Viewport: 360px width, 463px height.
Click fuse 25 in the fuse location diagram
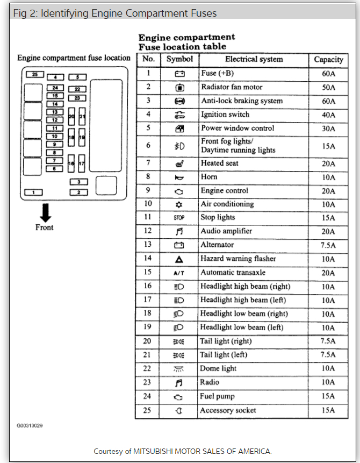coord(35,75)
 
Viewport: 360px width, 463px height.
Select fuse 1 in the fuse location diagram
coord(34,192)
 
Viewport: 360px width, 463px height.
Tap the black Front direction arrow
coord(45,212)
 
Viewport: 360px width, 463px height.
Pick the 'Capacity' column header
coord(328,60)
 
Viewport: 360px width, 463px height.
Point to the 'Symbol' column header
coord(179,59)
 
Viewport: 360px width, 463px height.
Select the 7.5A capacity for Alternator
coord(328,245)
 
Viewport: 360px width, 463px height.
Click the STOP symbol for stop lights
coord(179,218)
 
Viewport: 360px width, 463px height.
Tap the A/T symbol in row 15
coord(179,273)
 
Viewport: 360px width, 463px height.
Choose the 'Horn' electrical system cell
coord(209,177)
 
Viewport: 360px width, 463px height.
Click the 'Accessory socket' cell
coord(228,410)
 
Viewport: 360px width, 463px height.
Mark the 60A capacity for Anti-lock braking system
coord(328,101)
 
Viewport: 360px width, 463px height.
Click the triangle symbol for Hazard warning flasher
coord(179,259)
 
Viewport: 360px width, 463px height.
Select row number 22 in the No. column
coord(148,368)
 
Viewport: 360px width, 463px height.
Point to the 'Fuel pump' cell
coord(217,396)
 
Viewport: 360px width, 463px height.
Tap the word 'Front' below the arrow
coord(45,227)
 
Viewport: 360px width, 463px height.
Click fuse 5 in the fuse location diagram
coord(77,77)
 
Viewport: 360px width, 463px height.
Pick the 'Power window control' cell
coord(237,128)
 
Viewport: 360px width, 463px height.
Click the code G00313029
coord(30,426)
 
